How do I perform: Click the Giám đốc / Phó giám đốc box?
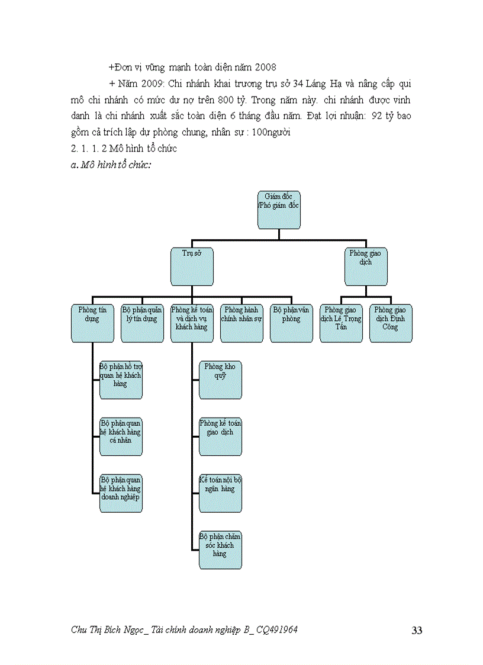pyautogui.click(x=279, y=210)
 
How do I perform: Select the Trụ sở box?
pyautogui.click(x=192, y=266)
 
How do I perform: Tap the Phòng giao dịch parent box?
pyautogui.click(x=366, y=266)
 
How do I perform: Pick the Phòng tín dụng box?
pyautogui.click(x=93, y=323)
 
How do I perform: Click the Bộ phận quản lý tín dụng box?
pyautogui.click(x=143, y=323)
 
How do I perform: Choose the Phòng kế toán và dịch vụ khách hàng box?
pyautogui.click(x=192, y=323)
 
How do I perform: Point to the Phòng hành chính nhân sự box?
pyautogui.click(x=242, y=323)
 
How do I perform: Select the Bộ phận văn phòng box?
pyautogui.click(x=292, y=323)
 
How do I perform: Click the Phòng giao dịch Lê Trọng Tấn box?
pyautogui.click(x=341, y=323)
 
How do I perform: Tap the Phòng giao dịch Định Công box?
pyautogui.click(x=391, y=323)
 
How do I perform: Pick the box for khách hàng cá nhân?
pyautogui.click(x=121, y=437)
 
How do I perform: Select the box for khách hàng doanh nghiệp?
pyautogui.click(x=121, y=493)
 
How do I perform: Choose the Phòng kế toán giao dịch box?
pyautogui.click(x=220, y=437)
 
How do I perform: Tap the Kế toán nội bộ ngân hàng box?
pyautogui.click(x=220, y=493)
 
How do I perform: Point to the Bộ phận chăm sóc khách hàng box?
pyautogui.click(x=220, y=550)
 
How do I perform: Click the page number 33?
pyautogui.click(x=417, y=631)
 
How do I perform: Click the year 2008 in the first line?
pyautogui.click(x=265, y=68)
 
